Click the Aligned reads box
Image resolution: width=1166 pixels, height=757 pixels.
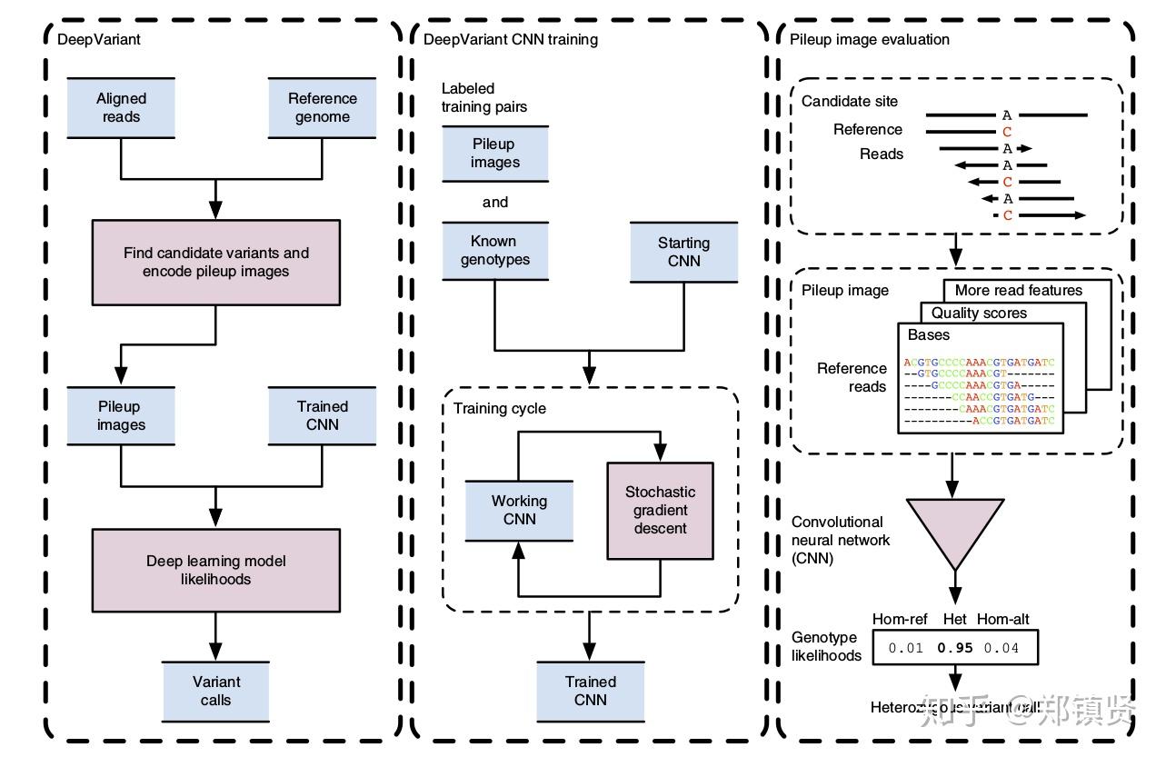click(121, 107)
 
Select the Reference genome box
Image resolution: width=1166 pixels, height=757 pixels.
click(323, 107)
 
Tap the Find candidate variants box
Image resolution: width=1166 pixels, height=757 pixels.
click(216, 262)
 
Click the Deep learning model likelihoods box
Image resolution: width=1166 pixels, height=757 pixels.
click(216, 570)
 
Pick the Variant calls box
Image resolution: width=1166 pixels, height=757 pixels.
click(216, 691)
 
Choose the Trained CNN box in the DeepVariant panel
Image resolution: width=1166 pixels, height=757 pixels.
click(323, 415)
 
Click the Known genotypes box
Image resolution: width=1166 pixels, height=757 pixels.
click(494, 250)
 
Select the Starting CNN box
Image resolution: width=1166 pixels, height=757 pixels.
click(683, 252)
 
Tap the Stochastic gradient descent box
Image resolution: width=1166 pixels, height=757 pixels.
click(660, 510)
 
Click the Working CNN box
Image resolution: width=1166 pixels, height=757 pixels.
click(519, 510)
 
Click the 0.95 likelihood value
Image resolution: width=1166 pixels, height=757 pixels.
click(955, 648)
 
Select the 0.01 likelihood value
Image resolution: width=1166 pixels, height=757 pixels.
click(905, 648)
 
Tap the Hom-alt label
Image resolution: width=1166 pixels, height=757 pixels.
click(1003, 620)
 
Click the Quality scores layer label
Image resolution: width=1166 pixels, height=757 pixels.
click(979, 313)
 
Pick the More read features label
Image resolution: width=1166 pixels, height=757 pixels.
click(1018, 290)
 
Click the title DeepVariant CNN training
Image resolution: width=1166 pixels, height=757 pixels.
click(511, 39)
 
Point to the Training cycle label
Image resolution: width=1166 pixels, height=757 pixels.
click(500, 408)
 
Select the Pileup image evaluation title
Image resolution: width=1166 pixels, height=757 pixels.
click(870, 39)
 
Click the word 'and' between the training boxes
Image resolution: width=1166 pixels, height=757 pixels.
click(494, 202)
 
